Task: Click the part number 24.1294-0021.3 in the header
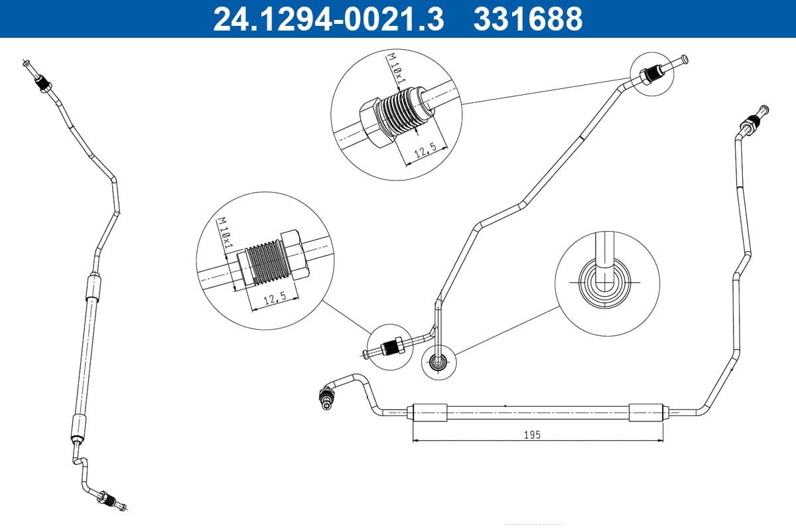(328, 19)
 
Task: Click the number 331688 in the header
(527, 19)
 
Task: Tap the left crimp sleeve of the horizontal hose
(430, 412)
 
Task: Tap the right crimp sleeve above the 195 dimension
(646, 412)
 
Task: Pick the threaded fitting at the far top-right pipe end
(751, 123)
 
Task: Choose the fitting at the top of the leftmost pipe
(44, 84)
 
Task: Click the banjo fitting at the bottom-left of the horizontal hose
(326, 397)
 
